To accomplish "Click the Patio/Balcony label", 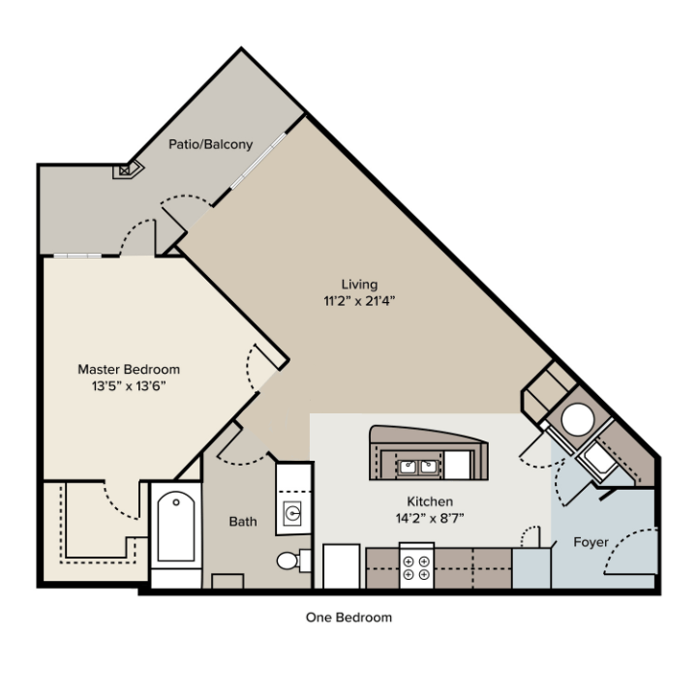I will pos(210,144).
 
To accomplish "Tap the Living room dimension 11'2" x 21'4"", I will pos(359,300).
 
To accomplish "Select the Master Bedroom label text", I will pos(128,369).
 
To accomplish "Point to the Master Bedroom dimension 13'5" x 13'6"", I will pos(128,385).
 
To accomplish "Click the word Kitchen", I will pos(430,501).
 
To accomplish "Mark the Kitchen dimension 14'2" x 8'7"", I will pos(430,518).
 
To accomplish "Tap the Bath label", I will pos(243,522).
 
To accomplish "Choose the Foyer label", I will pos(591,542).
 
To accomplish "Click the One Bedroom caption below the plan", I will pos(349,617).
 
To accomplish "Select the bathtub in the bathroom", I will pos(176,528).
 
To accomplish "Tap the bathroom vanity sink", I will pos(292,512).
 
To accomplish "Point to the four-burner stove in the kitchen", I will pos(416,566).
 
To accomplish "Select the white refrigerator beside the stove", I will pos(341,566).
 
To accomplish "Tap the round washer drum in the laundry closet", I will pos(579,420).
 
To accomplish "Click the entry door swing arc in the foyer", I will pos(640,542).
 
